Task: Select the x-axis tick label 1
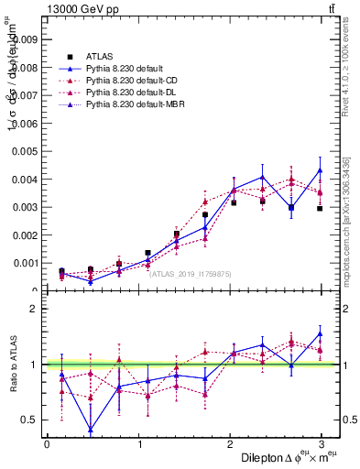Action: click(x=139, y=444)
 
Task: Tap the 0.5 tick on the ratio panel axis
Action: click(x=30, y=420)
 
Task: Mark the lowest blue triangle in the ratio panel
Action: click(x=91, y=430)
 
